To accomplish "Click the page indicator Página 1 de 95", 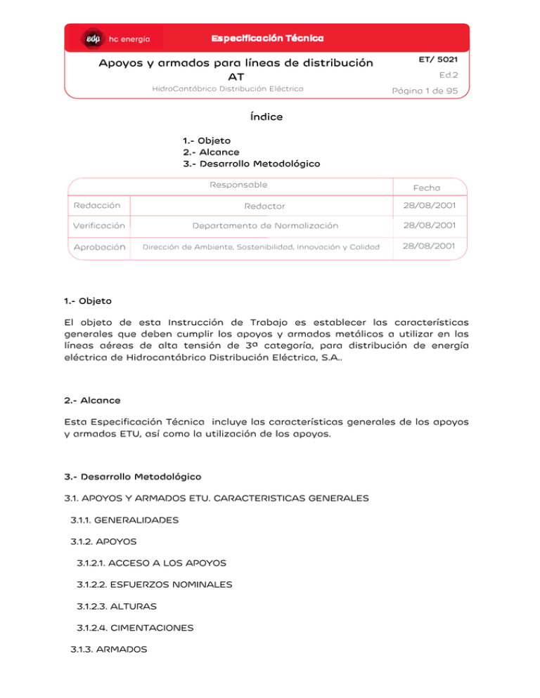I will pyautogui.click(x=425, y=90).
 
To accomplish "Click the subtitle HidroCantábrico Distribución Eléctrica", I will pyautogui.click(x=228, y=88).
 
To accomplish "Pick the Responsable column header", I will pyautogui.click(x=238, y=185).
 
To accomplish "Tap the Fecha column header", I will pyautogui.click(x=427, y=187).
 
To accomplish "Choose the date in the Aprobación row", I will pyautogui.click(x=427, y=246).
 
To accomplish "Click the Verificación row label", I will pyautogui.click(x=99, y=226).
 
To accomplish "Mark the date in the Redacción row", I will pyautogui.click(x=427, y=205).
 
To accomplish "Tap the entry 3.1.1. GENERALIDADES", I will pyautogui.click(x=124, y=520).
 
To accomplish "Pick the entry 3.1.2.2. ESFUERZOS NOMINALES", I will pyautogui.click(x=154, y=584).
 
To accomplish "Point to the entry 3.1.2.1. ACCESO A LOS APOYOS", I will pyautogui.click(x=151, y=563).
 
